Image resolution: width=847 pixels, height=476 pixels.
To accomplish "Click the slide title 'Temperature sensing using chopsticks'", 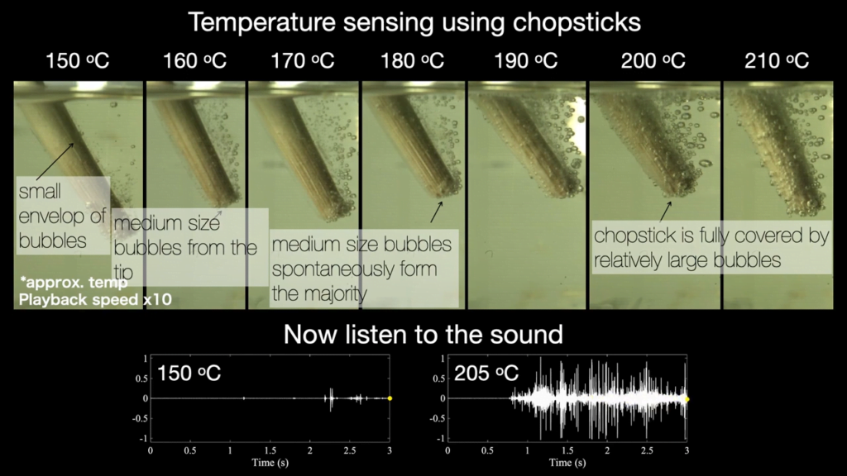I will (x=414, y=21).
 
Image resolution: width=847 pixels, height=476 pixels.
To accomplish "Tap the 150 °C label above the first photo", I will (x=78, y=61).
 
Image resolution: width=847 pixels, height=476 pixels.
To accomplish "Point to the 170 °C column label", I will (x=303, y=61).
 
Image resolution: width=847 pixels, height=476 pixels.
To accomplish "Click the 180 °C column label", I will (x=413, y=61).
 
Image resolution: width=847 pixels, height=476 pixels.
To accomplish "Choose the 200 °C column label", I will (x=653, y=61).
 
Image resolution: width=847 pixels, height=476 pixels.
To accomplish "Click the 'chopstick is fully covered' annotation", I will (x=711, y=248).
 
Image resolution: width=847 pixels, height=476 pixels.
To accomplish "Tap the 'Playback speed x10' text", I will (x=94, y=299).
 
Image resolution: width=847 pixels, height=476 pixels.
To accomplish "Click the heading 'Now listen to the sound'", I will (x=423, y=334).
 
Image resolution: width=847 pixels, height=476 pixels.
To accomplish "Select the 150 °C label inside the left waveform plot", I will (x=189, y=373).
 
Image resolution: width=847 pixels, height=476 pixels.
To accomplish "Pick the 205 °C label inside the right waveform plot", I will (x=486, y=373).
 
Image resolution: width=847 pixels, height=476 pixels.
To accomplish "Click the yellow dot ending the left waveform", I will (x=390, y=398).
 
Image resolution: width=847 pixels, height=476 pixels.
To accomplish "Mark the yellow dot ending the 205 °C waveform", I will (x=687, y=398).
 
